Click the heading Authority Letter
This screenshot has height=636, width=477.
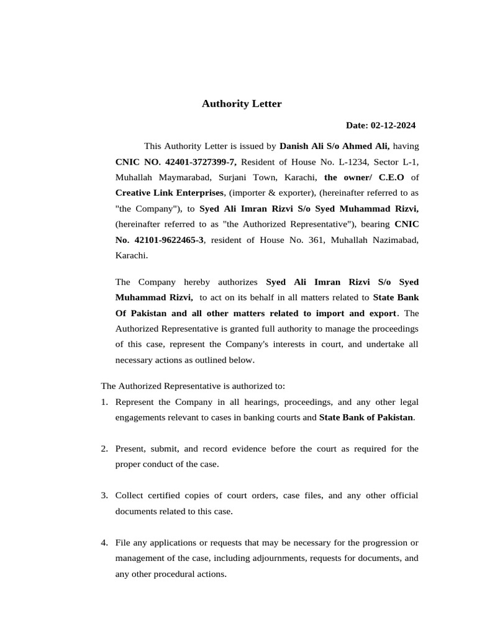coord(241,104)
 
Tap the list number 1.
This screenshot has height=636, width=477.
coord(104,402)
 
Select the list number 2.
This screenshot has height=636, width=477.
coord(104,448)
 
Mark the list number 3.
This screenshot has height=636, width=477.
coord(104,495)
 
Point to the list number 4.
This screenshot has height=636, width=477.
coord(104,543)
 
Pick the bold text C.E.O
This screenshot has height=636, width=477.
coord(391,178)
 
